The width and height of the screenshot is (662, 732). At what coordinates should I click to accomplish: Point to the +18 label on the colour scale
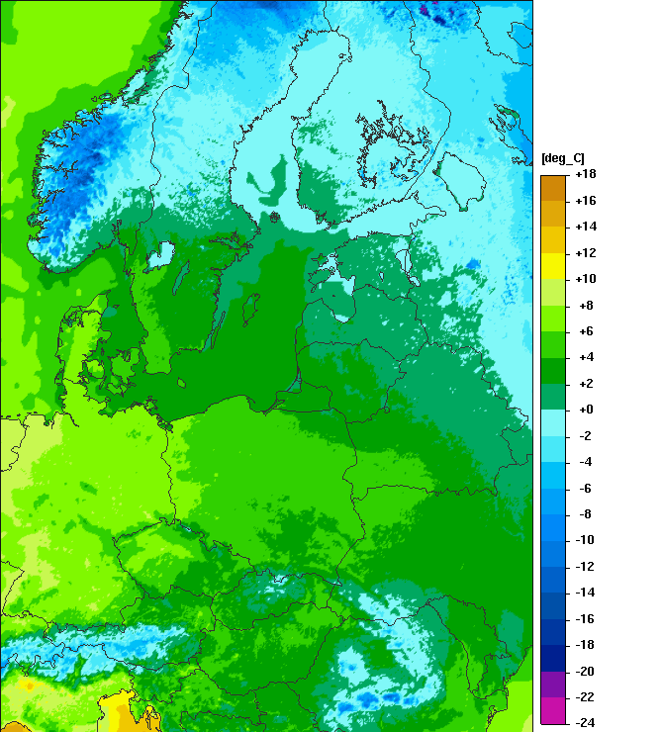click(585, 175)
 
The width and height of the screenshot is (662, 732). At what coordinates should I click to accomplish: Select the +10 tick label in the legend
click(585, 279)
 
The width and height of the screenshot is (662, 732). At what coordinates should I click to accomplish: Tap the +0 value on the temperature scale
click(585, 410)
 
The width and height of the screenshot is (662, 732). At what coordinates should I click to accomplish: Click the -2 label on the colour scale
click(585, 435)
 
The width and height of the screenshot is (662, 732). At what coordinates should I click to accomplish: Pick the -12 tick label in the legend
click(585, 566)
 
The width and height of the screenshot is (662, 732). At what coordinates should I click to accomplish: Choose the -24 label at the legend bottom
click(585, 722)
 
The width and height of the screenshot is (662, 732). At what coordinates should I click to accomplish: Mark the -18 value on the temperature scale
click(585, 644)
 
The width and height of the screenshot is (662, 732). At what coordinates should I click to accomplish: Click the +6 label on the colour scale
click(585, 331)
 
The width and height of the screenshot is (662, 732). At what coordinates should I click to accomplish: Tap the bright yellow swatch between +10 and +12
click(553, 266)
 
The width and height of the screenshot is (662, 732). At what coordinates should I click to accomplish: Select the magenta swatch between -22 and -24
click(553, 709)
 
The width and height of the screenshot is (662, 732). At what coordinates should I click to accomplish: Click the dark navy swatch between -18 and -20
click(553, 657)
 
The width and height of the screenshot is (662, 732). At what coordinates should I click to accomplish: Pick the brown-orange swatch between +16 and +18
click(553, 188)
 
